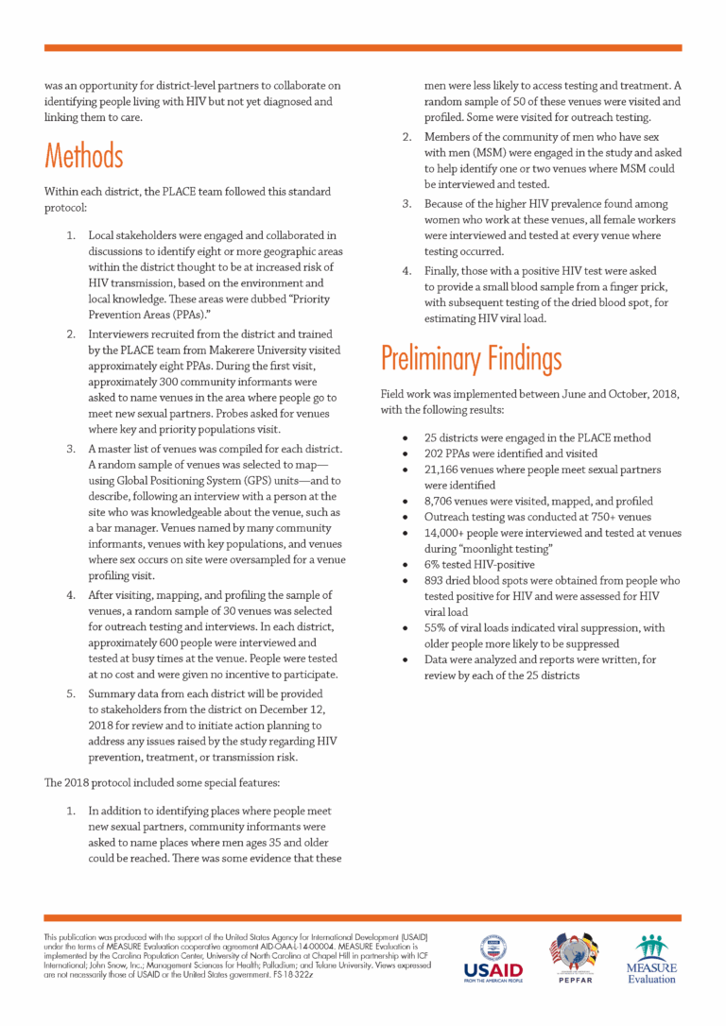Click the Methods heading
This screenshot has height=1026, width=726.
click(x=83, y=154)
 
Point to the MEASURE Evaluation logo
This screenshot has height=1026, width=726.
click(x=651, y=959)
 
